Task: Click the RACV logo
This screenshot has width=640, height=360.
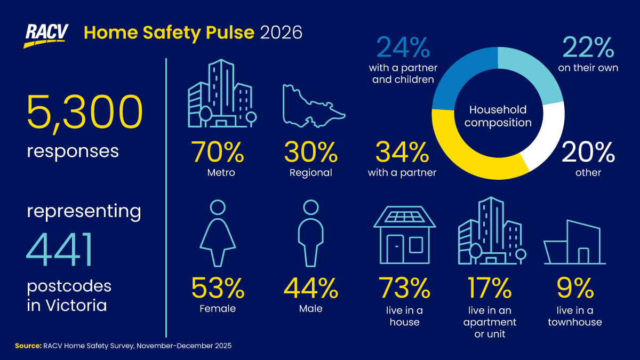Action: (46, 35)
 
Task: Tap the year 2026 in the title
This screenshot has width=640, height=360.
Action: (281, 33)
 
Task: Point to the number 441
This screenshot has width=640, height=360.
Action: (60, 251)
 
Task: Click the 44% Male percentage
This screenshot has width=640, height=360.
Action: (310, 288)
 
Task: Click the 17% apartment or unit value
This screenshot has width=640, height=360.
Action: (490, 288)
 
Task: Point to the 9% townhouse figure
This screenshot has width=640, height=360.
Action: (574, 288)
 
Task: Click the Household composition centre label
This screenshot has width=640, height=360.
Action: (498, 116)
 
